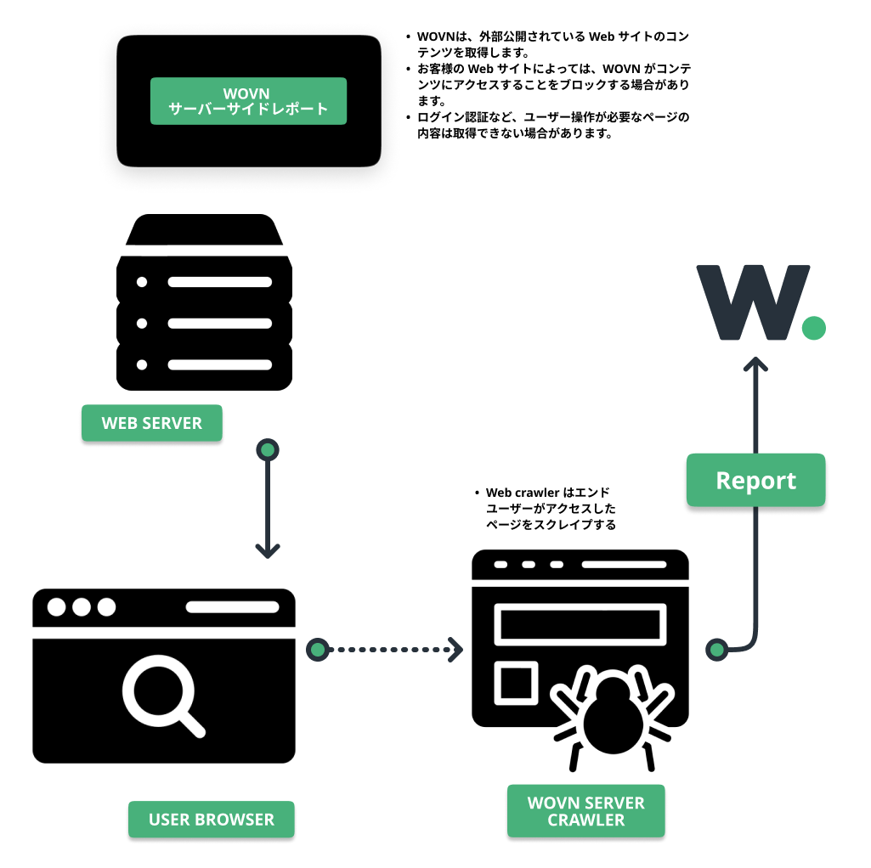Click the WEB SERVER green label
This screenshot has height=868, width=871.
click(151, 423)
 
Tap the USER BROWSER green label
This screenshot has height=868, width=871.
click(211, 820)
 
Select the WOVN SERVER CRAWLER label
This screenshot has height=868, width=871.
click(585, 811)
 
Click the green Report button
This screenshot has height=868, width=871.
click(755, 481)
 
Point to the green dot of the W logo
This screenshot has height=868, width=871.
click(813, 328)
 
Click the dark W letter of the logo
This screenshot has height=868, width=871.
click(749, 302)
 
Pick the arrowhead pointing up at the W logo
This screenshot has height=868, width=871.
click(755, 365)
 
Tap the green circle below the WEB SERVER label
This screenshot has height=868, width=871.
click(268, 449)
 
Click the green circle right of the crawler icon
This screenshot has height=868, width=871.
click(718, 650)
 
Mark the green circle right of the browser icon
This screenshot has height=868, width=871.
click(318, 650)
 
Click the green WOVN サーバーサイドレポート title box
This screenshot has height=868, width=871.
click(248, 101)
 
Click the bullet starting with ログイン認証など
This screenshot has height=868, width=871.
click(552, 125)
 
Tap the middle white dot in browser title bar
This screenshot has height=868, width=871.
click(82, 607)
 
